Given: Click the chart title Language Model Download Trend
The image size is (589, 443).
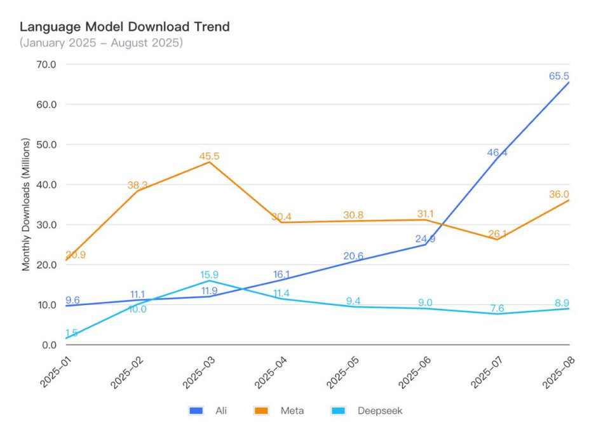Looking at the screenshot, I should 125,27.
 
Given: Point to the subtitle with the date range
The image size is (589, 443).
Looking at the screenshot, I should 101,43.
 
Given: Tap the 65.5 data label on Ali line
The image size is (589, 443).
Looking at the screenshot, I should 559,76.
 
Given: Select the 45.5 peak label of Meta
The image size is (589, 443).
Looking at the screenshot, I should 210,155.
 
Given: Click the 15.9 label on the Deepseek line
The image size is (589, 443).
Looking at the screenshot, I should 210,275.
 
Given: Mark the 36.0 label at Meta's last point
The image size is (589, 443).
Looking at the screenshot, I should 559,194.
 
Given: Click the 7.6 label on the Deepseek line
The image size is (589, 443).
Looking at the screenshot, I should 497,308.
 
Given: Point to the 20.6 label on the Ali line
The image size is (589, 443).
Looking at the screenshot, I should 353,256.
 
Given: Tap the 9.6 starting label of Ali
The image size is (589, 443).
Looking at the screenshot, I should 72,300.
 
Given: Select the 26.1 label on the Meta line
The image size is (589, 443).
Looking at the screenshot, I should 497,233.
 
